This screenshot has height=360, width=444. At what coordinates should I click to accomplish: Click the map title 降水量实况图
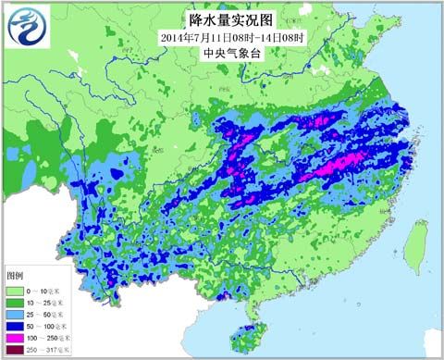pyautogui.click(x=221, y=19)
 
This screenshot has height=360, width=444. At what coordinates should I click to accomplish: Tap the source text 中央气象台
pyautogui.click(x=221, y=53)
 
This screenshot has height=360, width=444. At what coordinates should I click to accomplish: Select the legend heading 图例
pyautogui.click(x=16, y=276)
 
